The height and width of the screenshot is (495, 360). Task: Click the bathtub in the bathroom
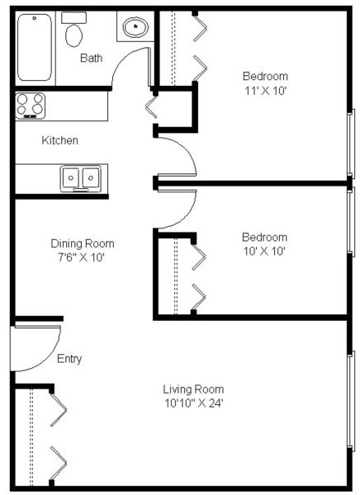pyautogui.click(x=35, y=48)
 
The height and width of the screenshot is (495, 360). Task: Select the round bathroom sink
pyautogui.click(x=135, y=28)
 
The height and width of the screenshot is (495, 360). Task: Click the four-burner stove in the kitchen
pyautogui.click(x=30, y=106)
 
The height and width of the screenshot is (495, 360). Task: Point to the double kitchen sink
pyautogui.click(x=80, y=177)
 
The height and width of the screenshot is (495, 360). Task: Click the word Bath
pyautogui.click(x=92, y=58)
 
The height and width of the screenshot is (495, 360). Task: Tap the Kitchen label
pyautogui.click(x=60, y=140)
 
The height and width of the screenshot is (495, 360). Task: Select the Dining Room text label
pyautogui.click(x=83, y=243)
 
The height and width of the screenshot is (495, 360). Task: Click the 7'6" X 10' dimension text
pyautogui.click(x=83, y=257)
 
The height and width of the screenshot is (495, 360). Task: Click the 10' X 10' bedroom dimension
pyautogui.click(x=264, y=250)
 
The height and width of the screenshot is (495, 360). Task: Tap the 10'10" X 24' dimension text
pyautogui.click(x=193, y=403)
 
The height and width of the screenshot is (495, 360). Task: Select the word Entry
pyautogui.click(x=69, y=359)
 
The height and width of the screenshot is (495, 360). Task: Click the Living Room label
pyautogui.click(x=193, y=389)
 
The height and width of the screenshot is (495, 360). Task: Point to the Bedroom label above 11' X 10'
pyautogui.click(x=266, y=75)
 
